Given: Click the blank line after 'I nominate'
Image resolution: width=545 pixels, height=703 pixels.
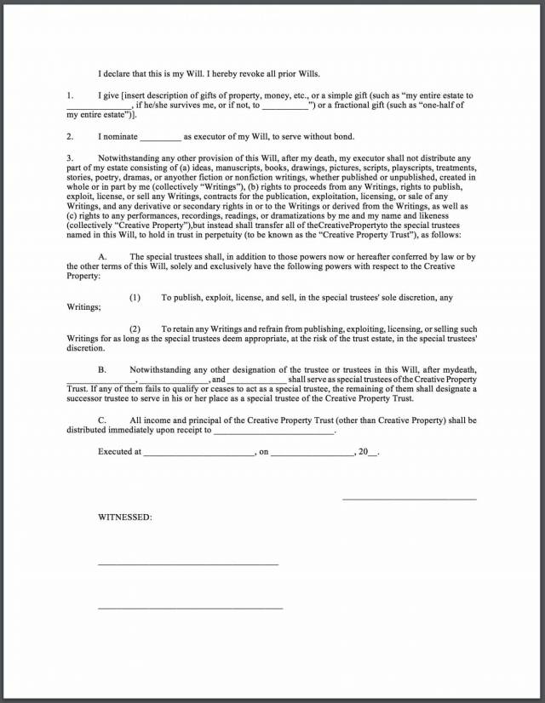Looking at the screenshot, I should point(160,137).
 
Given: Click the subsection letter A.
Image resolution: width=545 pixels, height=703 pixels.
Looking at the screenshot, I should point(102,256).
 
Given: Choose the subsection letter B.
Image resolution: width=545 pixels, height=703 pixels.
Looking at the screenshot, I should point(102,370).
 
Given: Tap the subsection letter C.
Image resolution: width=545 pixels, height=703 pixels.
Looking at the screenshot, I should point(102,420).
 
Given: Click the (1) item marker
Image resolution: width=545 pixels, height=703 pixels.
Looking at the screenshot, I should point(135,297).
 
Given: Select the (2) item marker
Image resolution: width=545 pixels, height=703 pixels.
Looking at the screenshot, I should point(135,329).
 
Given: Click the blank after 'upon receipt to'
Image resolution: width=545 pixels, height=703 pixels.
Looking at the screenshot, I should point(274,431).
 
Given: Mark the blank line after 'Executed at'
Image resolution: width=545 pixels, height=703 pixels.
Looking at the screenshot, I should point(199,453).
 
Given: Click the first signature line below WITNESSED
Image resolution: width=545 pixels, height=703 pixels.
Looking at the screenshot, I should point(188,563).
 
